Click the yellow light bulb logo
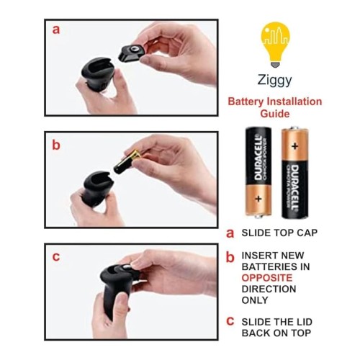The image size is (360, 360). tap(275, 45)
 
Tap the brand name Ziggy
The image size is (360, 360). tap(274, 80)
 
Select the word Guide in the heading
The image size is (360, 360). tap(275, 114)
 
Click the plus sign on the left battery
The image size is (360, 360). tap(258, 199)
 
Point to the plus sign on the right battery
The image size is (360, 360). tap(295, 146)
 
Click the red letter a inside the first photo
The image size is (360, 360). tap(56, 30)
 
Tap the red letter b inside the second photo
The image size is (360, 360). tap(56, 145)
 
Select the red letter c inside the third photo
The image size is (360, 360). tap(56, 257)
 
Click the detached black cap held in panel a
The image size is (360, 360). tap(132, 53)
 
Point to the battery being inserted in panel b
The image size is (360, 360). tap(127, 162)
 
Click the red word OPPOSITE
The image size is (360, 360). tap(267, 278)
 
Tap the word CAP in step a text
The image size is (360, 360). tap(307, 233)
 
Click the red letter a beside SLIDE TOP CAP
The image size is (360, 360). tap(230, 233)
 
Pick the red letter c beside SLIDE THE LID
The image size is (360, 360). tap(230, 321)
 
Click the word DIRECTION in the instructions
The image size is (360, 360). tap(269, 289)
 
